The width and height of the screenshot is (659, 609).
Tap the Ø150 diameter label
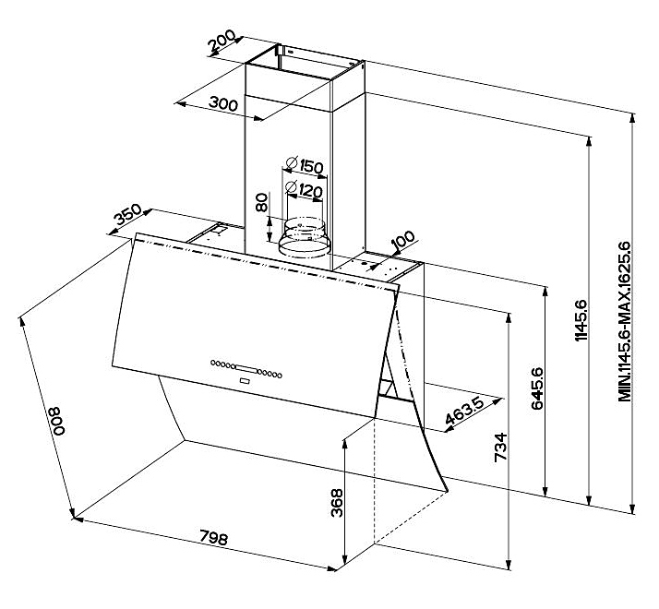point(303,166)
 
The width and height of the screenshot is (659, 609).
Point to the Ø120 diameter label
point(303,191)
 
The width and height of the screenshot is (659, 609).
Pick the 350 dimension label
point(127,218)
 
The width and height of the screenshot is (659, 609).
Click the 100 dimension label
point(402,243)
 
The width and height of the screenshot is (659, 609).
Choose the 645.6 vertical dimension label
point(539,388)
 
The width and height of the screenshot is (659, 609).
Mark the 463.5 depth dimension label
point(465,412)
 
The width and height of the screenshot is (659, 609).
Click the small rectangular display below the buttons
point(245,378)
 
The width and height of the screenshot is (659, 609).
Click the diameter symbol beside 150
point(290,164)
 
